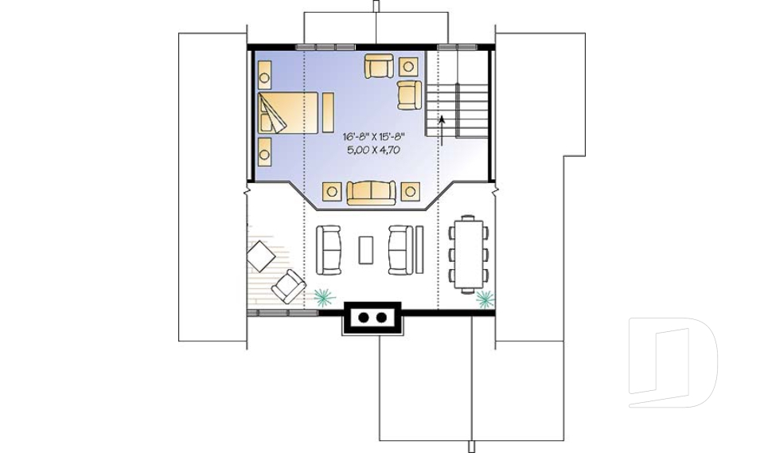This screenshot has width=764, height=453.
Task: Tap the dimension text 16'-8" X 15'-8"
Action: (374, 137)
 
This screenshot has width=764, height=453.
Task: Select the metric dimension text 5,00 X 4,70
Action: (374, 150)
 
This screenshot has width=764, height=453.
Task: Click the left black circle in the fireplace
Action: (363, 318)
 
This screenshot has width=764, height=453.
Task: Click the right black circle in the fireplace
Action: (381, 318)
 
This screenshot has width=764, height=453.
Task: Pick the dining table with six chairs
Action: (468, 254)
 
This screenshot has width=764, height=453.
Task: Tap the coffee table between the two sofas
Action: (366, 250)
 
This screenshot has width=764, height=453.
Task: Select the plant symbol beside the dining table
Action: (485, 299)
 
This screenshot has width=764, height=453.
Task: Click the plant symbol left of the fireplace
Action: (324, 296)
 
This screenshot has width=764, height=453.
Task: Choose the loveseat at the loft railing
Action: (371, 193)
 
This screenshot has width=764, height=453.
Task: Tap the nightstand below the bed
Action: (264, 152)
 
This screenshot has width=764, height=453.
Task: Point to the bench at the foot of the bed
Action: (329, 112)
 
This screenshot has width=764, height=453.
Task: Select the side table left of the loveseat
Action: (332, 191)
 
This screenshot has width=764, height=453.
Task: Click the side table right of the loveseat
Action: (411, 191)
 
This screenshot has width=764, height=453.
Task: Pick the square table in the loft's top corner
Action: (408, 67)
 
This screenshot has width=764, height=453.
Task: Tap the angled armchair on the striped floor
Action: (288, 287)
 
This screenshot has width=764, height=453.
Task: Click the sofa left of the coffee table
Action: (329, 250)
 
